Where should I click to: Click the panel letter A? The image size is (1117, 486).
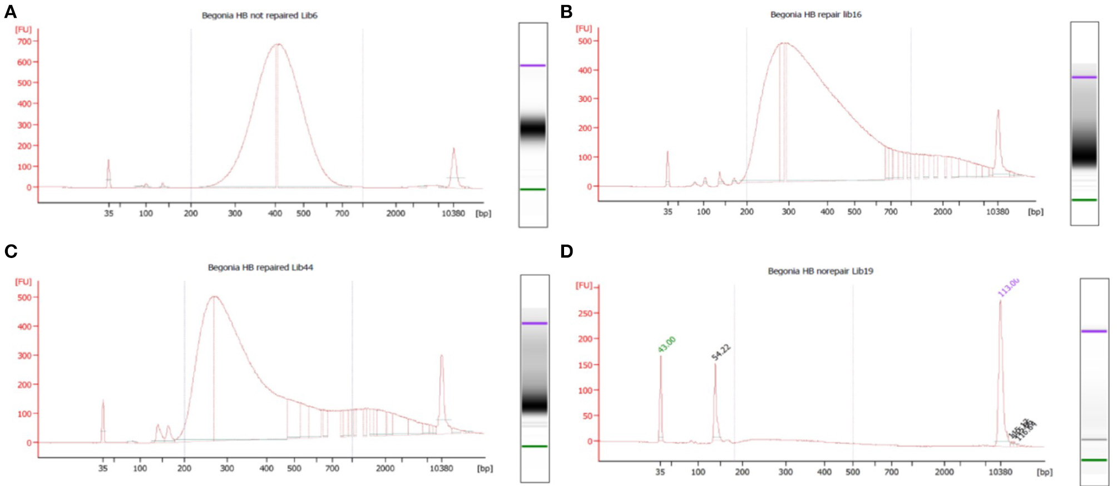(x=10, y=12)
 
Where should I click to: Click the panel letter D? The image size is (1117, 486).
(x=566, y=251)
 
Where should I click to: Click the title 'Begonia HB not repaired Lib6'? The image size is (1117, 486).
(x=259, y=16)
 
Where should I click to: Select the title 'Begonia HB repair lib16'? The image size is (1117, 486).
(x=815, y=14)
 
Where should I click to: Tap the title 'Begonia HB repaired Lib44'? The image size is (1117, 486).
(x=260, y=267)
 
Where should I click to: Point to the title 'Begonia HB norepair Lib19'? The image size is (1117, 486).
(x=821, y=271)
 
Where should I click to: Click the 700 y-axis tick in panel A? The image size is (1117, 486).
(x=24, y=41)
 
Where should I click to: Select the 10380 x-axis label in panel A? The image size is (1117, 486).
(x=453, y=214)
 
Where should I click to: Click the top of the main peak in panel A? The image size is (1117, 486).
(x=278, y=44)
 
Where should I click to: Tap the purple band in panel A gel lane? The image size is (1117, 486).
(x=533, y=66)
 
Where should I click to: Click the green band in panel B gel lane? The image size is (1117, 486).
(x=1084, y=200)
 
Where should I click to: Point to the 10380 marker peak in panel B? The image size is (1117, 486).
(x=998, y=111)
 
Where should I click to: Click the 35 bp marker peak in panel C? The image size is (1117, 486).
(x=103, y=401)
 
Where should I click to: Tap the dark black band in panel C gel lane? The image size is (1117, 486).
(x=535, y=406)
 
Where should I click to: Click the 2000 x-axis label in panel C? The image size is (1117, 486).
(x=385, y=469)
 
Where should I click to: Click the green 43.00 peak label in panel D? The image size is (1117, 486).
(x=666, y=344)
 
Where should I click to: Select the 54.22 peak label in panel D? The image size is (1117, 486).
(x=721, y=353)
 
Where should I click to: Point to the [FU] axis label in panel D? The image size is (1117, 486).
(x=584, y=286)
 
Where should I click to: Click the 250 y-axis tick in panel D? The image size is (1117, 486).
(x=585, y=314)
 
